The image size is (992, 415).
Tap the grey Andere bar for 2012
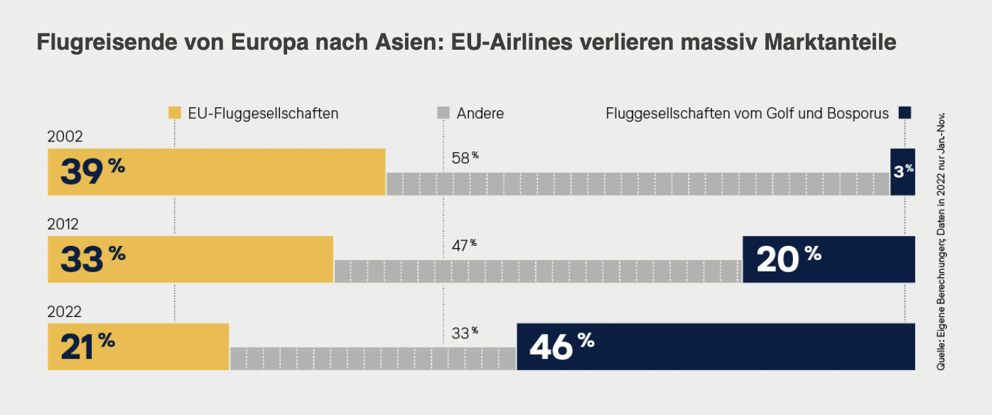[x=538, y=271]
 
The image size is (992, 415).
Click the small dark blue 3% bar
[x=902, y=172]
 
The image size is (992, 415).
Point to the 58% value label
[x=465, y=157]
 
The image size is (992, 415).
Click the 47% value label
[x=464, y=245]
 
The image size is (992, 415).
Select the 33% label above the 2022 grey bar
[x=465, y=332]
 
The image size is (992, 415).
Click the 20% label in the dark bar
[x=788, y=259]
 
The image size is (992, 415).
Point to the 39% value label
[x=92, y=172]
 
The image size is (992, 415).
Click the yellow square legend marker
[x=175, y=113]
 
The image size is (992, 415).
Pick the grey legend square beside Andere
[x=443, y=113]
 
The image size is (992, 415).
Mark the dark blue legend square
[x=905, y=113]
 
